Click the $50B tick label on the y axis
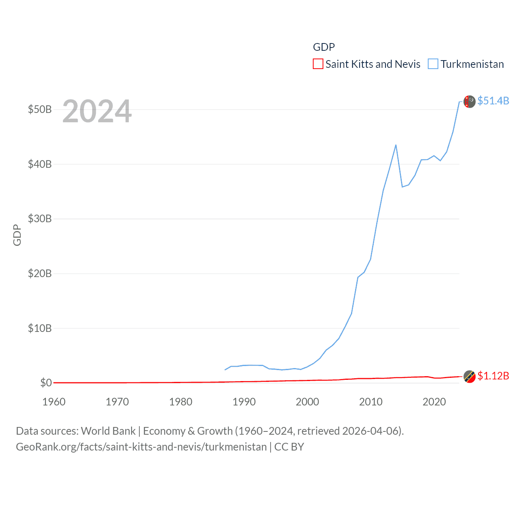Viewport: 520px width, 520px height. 39,110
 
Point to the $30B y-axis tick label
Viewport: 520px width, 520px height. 39,219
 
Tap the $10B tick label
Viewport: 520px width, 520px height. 39,328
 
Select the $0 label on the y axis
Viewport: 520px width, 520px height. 45,383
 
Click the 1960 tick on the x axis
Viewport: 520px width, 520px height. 54,402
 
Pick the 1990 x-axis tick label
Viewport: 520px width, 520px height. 244,402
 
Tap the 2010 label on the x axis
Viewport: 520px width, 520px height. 370,402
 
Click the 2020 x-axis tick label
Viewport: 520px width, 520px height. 434,402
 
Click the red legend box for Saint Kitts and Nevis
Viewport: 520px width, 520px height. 318,64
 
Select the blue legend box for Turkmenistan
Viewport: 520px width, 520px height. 433,64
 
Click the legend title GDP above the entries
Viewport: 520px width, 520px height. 324,47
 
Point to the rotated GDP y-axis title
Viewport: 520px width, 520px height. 17,235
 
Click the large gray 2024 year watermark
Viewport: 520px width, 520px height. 97,111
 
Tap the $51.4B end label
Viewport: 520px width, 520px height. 493,101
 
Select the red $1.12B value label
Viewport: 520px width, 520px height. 493,376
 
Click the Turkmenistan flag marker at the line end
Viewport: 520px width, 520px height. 469,102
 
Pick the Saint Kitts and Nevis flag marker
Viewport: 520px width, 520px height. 469,377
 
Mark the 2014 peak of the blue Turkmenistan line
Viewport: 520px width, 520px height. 396,145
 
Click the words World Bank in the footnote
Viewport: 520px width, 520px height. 108,431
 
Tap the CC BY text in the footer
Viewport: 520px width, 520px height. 289,447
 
